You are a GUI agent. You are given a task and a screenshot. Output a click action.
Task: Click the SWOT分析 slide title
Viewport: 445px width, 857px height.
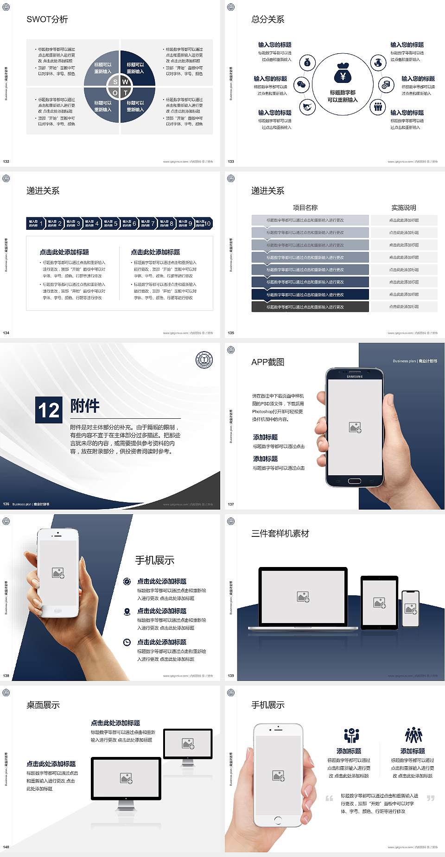(x=47, y=19)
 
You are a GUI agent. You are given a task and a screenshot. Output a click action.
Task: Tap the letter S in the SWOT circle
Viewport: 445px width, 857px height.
(x=115, y=82)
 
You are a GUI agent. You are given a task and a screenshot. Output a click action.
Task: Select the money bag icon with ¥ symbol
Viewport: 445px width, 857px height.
(x=343, y=73)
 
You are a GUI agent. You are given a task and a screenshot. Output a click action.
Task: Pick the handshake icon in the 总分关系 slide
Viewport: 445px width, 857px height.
(x=307, y=107)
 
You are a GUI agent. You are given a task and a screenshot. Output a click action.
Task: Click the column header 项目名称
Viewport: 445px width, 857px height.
(x=305, y=208)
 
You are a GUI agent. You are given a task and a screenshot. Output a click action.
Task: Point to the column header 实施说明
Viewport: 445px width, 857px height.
(x=404, y=208)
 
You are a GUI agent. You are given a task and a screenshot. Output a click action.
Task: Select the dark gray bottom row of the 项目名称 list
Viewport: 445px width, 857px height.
(x=310, y=307)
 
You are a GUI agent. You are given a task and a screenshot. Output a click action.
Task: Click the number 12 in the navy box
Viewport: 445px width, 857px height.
(x=49, y=410)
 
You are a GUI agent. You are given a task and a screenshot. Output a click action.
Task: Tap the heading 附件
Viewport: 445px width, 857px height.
(x=85, y=406)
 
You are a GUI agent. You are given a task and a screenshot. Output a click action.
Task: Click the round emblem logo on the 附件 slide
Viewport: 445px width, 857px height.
(x=204, y=360)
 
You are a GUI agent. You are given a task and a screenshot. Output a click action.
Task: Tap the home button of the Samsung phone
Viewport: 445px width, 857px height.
(x=354, y=481)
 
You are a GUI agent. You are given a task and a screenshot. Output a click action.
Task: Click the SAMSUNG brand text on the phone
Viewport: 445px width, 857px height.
(x=355, y=377)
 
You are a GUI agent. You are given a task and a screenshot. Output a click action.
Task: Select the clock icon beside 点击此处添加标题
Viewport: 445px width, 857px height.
(x=127, y=642)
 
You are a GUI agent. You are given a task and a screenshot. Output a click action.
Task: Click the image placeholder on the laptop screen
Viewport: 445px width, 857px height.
(x=303, y=597)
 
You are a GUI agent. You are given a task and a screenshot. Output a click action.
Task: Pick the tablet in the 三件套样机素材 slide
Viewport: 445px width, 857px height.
(x=379, y=602)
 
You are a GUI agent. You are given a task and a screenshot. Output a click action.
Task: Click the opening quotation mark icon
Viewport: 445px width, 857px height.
(x=329, y=798)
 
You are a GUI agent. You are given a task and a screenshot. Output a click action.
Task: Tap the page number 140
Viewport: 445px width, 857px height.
(x=6, y=847)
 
